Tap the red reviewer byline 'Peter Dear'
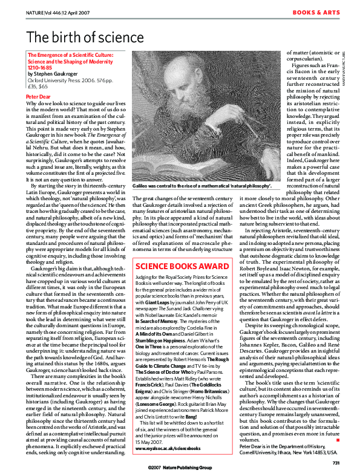(38, 96)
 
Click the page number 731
(341, 463)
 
